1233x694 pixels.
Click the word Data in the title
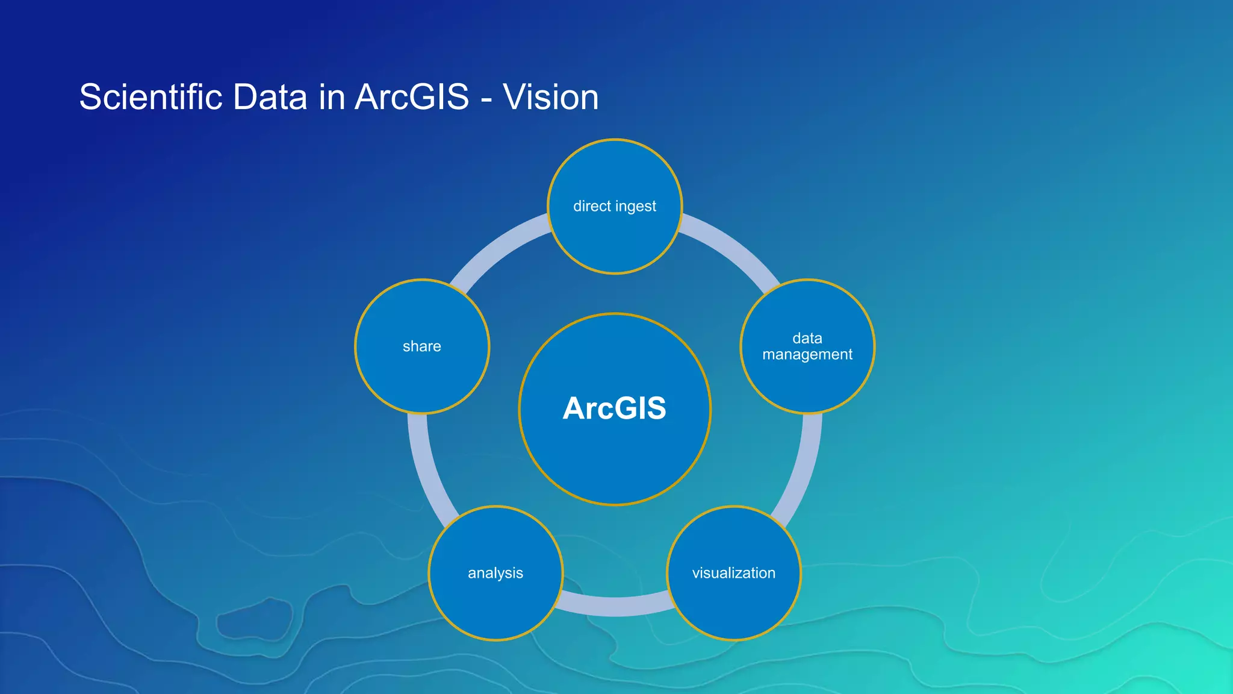point(270,97)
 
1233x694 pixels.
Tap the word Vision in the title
point(550,97)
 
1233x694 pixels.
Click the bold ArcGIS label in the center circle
point(614,408)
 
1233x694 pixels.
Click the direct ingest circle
point(615,235)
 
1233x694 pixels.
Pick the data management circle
point(807,380)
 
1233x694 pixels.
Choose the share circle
point(422,374)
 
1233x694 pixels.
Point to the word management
point(807,355)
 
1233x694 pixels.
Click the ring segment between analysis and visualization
point(615,606)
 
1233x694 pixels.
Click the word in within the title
point(332,97)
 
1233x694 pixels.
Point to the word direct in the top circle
point(592,207)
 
